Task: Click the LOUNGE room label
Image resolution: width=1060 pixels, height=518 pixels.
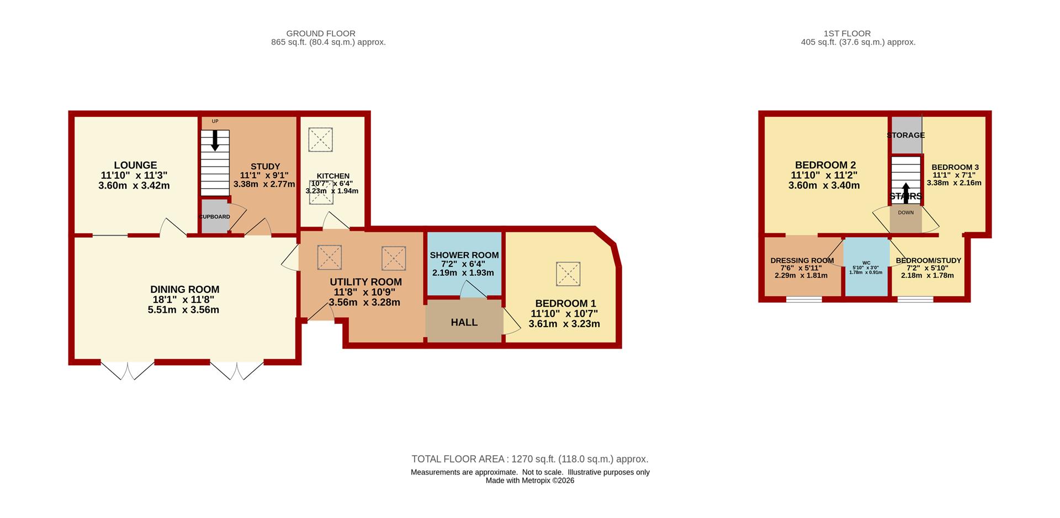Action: (135, 165)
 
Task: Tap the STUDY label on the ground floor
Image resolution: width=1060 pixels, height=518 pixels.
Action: (265, 166)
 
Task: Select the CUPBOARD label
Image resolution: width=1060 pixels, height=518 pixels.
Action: (215, 217)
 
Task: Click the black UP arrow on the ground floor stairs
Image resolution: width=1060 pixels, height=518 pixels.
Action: (215, 141)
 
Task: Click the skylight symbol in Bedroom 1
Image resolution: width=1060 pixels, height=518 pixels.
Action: (568, 274)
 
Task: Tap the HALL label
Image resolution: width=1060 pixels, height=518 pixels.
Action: (464, 322)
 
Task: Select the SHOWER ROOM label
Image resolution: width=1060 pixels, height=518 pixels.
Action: (464, 255)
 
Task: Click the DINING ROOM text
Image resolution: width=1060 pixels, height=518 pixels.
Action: (185, 289)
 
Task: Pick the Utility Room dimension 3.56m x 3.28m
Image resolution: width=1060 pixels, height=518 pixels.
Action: (364, 302)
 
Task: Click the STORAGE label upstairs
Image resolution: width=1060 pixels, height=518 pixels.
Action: (906, 135)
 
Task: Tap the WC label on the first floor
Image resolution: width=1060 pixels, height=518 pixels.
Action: (866, 263)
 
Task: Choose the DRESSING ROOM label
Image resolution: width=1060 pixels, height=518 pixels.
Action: (802, 260)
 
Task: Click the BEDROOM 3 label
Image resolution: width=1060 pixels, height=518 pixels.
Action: (955, 167)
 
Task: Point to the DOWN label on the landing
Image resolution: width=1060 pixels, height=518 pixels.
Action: (906, 212)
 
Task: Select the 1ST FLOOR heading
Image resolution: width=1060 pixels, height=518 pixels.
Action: (858, 34)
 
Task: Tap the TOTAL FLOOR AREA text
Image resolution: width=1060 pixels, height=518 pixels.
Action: (530, 459)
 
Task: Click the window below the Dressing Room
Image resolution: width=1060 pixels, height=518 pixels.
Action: (804, 300)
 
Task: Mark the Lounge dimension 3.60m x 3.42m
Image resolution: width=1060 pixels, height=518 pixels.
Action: (134, 186)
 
